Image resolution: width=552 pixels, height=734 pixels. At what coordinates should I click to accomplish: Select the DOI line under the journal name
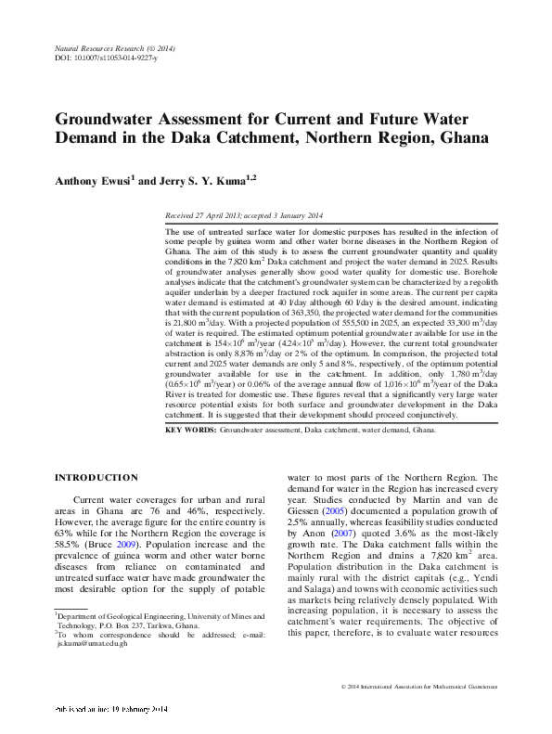(x=102, y=58)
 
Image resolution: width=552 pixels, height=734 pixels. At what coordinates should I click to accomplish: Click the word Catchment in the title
(x=301, y=140)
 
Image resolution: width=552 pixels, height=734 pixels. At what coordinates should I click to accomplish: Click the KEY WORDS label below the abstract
(x=190, y=431)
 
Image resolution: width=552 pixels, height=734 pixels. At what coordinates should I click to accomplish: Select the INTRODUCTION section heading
(x=96, y=477)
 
